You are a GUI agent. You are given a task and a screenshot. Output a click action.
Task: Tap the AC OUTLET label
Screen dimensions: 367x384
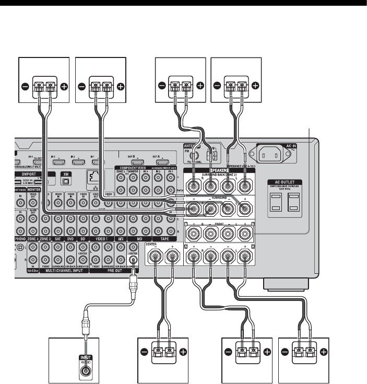[287, 181]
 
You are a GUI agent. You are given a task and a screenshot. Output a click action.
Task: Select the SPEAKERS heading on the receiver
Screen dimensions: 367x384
[219, 171]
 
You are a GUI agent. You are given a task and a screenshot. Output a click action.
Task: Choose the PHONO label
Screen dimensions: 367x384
[22, 238]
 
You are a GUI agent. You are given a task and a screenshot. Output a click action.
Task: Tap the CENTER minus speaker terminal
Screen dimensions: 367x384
[155, 257]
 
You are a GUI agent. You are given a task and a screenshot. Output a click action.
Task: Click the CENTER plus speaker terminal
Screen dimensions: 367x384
[171, 257]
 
